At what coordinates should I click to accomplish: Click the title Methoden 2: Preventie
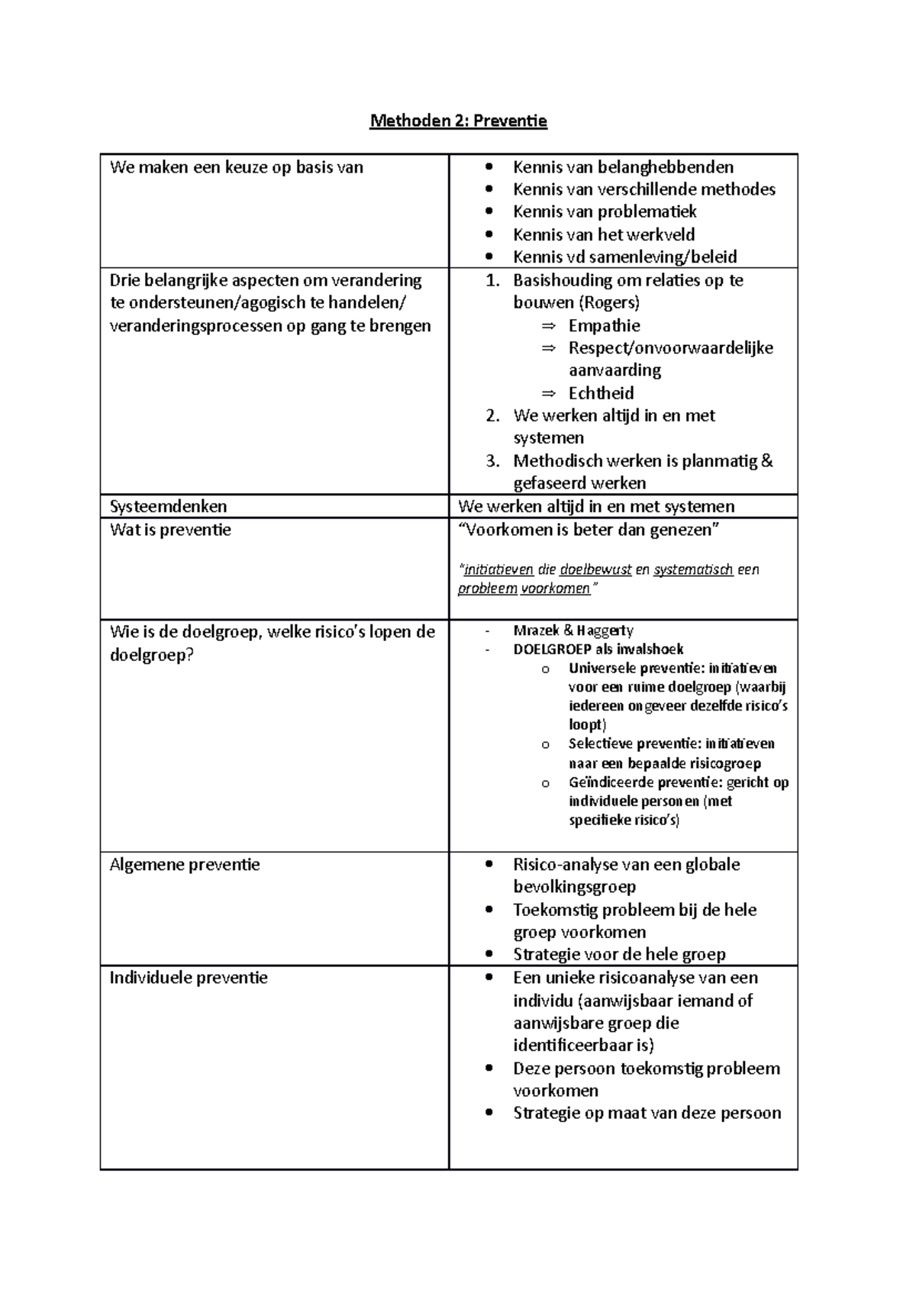pos(458,121)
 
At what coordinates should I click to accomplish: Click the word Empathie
pos(604,326)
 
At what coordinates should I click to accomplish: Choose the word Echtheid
pos(601,393)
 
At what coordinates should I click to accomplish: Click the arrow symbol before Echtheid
pos(549,394)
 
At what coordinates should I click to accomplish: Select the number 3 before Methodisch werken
pos(492,461)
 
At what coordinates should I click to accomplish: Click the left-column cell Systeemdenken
pos(168,506)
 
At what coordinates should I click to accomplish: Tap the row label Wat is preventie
pos(170,530)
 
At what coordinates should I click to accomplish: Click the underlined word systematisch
pos(693,569)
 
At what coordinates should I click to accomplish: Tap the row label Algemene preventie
pos(185,865)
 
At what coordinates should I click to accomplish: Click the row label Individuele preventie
pos(189,978)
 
